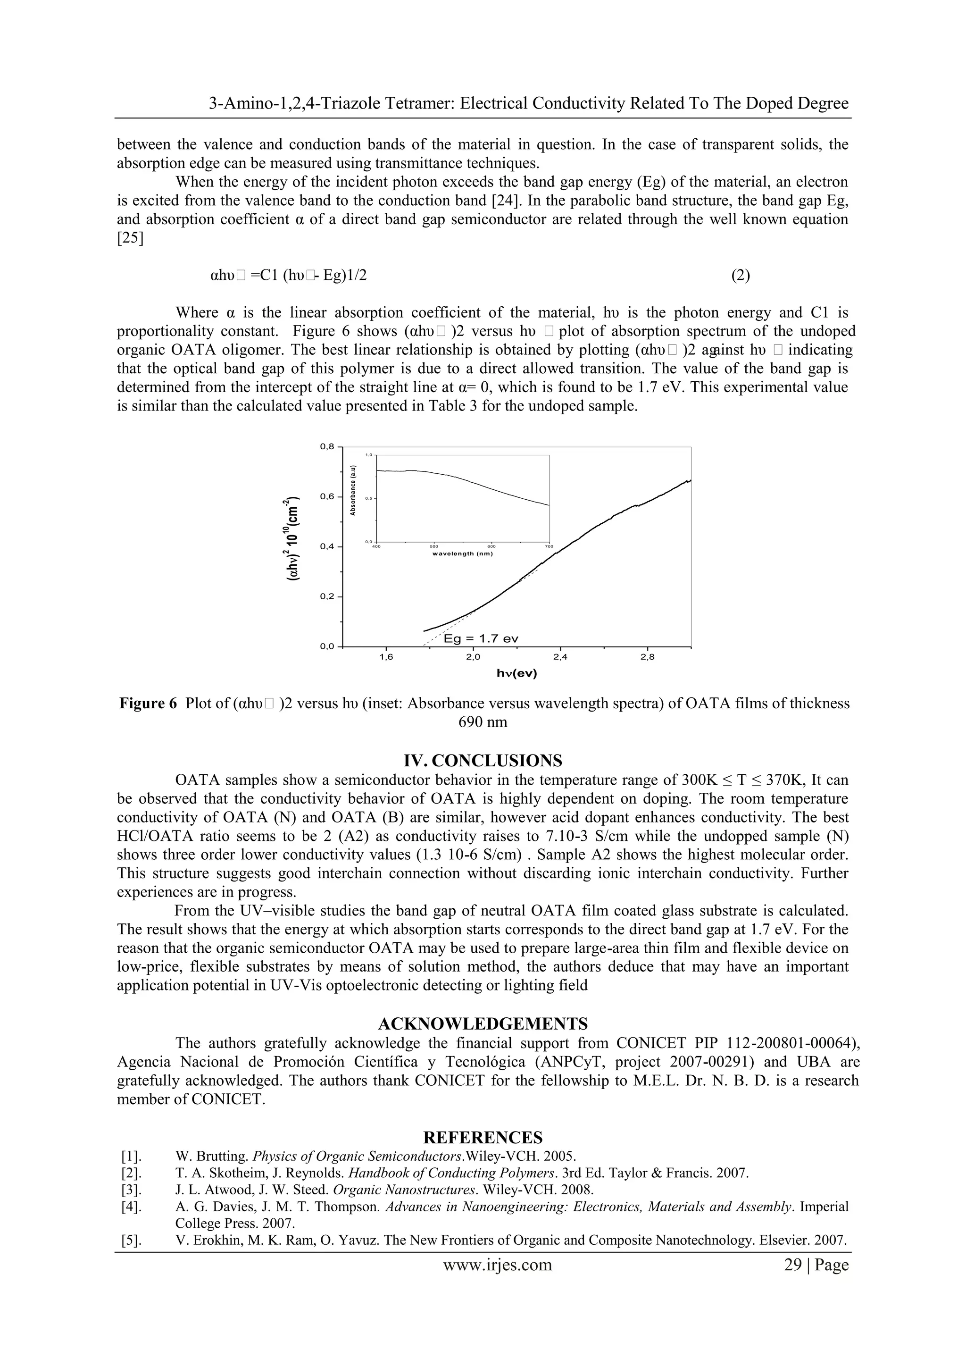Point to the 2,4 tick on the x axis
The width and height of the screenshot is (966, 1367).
click(x=560, y=657)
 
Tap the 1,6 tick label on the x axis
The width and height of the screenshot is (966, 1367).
click(x=386, y=657)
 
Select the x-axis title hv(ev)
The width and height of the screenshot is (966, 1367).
click(x=516, y=673)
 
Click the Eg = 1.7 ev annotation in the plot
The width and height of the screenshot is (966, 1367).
click(x=481, y=639)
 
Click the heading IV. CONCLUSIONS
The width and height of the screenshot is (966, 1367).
click(x=483, y=760)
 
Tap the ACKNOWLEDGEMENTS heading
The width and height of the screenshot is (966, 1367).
click(x=483, y=1023)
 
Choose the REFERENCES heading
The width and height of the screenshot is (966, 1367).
click(x=483, y=1137)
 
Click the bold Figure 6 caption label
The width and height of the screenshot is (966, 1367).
click(x=148, y=703)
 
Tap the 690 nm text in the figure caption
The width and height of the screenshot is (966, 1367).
click(x=483, y=722)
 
